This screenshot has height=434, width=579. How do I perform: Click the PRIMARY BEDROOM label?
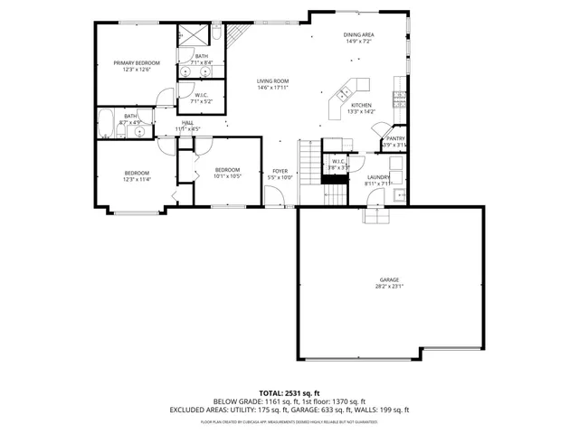pos(137,63)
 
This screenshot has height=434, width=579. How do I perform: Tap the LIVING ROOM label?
pos(271,81)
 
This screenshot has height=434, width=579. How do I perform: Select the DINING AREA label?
pos(358,35)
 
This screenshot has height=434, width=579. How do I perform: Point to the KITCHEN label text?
pos(362,106)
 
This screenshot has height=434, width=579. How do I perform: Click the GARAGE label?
pos(389,280)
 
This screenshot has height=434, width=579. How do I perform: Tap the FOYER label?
pos(280,171)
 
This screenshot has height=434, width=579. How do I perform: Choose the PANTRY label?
pos(395,138)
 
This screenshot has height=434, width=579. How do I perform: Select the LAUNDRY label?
pos(378,177)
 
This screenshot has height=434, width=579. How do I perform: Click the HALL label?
pos(187,122)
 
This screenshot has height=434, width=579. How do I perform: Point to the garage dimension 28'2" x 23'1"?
pos(389,287)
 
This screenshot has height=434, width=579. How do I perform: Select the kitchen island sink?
pos(345,92)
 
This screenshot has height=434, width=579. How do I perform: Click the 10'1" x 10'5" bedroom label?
pos(227,171)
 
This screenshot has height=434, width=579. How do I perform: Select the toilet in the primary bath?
pos(218,34)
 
